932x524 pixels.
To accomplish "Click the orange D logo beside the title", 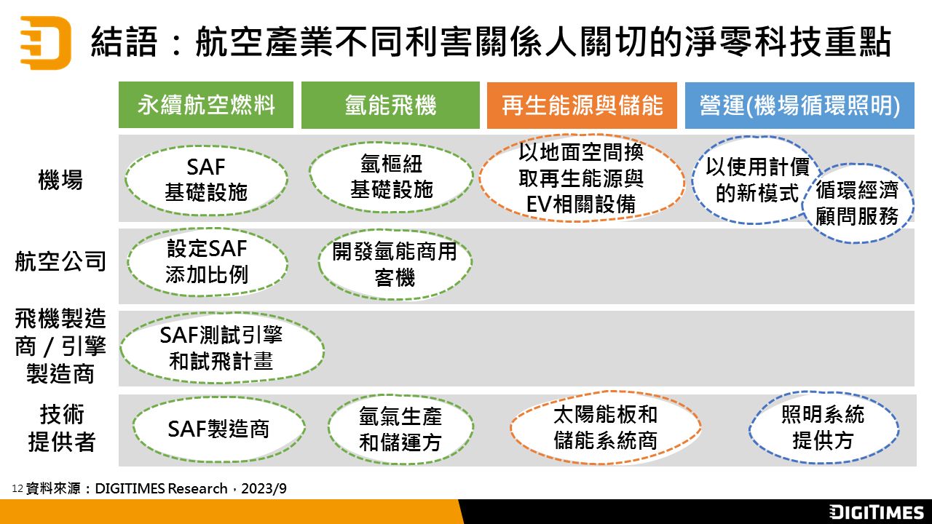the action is point(46,42).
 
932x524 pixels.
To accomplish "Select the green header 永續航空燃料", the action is point(206,105).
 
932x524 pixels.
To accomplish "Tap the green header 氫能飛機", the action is point(390,105).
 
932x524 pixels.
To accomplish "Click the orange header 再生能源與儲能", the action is point(582,106).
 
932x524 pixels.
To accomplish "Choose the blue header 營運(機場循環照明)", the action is point(799,106).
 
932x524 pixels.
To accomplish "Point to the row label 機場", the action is point(60,180).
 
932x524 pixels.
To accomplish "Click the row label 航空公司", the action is point(60,261).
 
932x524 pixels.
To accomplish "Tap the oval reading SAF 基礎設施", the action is point(206,180).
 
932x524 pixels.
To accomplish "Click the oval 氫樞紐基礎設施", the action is point(391,177).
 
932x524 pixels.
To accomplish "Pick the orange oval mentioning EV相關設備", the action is point(582,178).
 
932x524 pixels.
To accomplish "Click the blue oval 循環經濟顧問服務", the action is point(857,203).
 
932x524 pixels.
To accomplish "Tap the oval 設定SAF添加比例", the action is point(208,262).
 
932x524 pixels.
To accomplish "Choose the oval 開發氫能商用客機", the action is point(395,264).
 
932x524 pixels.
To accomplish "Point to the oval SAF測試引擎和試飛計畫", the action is point(222,348).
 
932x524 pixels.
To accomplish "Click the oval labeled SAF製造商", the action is point(219,429).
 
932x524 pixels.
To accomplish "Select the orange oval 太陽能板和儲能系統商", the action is point(605,427).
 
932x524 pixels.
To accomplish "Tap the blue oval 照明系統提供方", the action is point(824,427).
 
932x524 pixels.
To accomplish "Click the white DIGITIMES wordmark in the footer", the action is point(876,512).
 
